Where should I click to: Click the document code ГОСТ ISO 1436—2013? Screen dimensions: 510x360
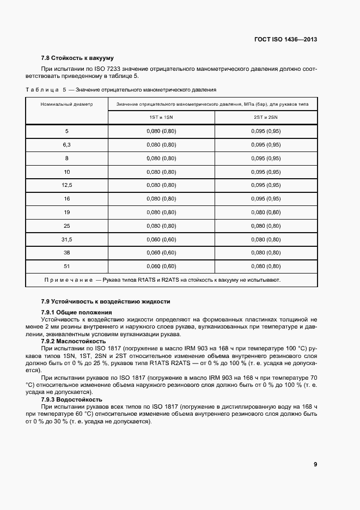(x=285, y=40)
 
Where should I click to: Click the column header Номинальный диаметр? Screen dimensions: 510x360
(x=67, y=103)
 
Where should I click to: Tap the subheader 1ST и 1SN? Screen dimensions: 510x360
(x=161, y=117)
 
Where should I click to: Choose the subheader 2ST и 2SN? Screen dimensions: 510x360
(x=266, y=117)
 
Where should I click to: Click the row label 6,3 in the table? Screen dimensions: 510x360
(x=67, y=145)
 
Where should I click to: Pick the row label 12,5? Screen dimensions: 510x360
(x=67, y=185)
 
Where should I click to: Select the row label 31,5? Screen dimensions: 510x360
(x=67, y=239)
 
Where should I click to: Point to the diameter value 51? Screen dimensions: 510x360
(x=67, y=266)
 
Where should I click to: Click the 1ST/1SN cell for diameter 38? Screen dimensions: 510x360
(x=161, y=253)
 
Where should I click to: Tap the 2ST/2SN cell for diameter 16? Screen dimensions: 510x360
(x=266, y=199)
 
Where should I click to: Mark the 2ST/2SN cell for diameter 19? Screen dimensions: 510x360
(x=266, y=212)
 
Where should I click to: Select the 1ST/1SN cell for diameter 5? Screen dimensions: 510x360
(x=161, y=131)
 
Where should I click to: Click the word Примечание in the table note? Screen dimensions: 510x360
(x=69, y=280)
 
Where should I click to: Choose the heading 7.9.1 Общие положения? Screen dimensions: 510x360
(x=76, y=312)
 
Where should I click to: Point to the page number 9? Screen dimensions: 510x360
(x=315, y=464)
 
